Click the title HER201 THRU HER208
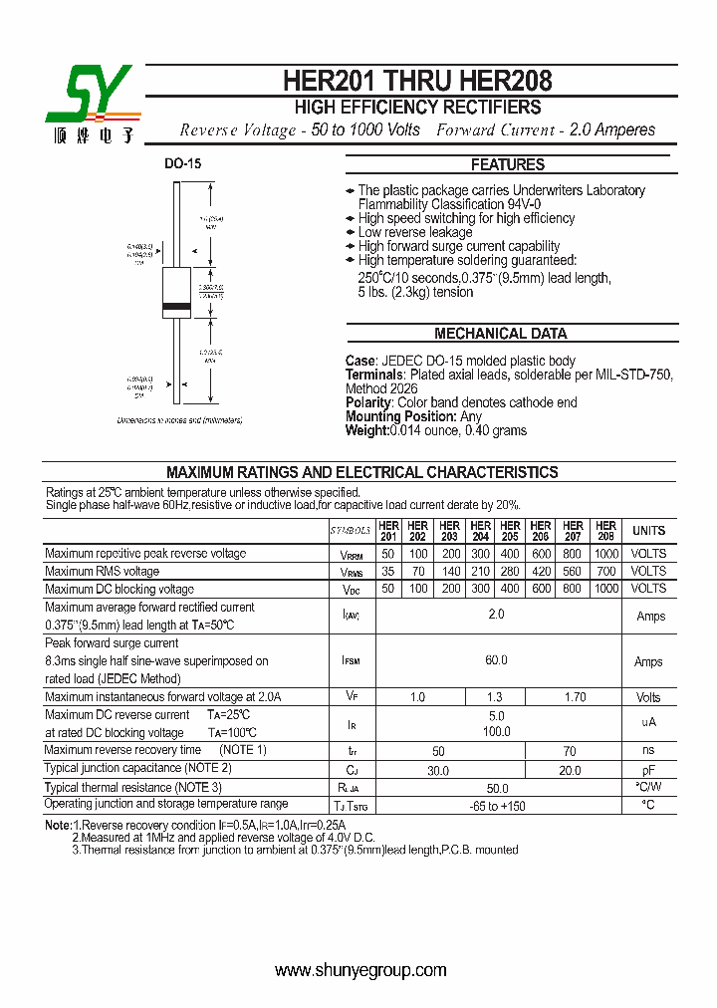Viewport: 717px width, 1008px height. click(417, 80)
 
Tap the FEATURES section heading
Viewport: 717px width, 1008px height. click(508, 164)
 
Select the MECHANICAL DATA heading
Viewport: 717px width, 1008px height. click(500, 334)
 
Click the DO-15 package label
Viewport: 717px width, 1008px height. click(183, 163)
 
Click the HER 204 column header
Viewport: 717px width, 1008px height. click(480, 531)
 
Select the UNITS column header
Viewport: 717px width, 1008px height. click(649, 531)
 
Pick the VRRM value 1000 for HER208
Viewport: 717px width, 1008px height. click(605, 554)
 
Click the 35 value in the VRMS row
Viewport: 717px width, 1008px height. click(388, 572)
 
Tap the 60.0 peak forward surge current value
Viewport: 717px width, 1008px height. click(496, 660)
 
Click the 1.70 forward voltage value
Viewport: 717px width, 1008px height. click(575, 698)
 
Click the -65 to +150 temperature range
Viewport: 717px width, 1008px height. click(496, 805)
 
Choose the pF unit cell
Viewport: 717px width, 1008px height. click(648, 770)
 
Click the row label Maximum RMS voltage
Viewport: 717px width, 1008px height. click(103, 572)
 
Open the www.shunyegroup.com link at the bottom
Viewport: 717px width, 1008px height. click(360, 970)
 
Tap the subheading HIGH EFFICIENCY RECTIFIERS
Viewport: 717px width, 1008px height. click(417, 108)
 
